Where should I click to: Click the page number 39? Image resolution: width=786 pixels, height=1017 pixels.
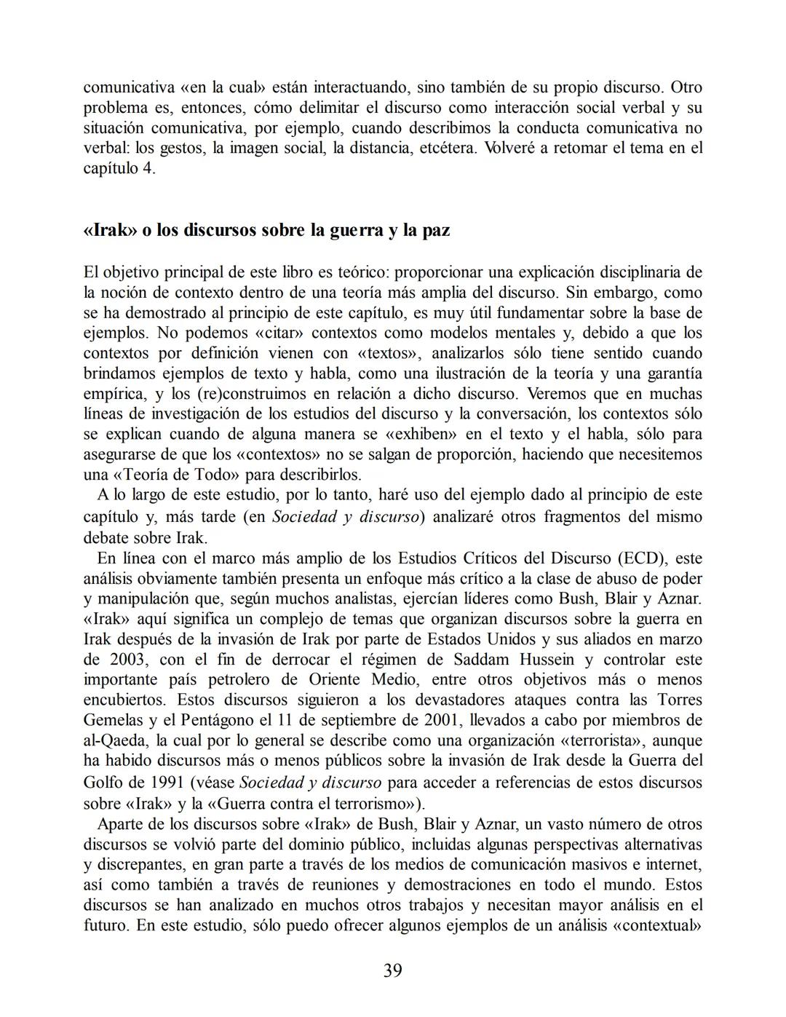tap(392, 970)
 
